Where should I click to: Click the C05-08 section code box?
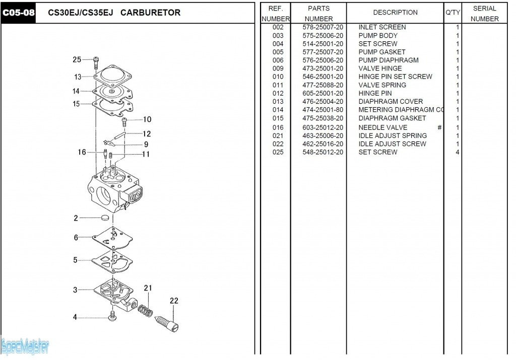coord(19,13)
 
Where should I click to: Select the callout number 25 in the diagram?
coord(77,59)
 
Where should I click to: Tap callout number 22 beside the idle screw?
coord(174,301)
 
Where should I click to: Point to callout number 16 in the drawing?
coord(82,152)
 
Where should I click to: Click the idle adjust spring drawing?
coord(146,310)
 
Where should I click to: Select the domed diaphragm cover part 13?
coord(114,77)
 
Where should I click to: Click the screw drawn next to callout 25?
coord(96,62)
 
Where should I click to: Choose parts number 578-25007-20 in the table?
coord(323,27)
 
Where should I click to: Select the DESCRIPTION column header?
coord(395,13)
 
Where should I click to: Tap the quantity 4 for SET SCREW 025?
coord(457,152)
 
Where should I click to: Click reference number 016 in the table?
coord(278,127)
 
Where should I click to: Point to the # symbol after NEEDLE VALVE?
coord(439,127)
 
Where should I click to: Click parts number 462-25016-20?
coord(323,144)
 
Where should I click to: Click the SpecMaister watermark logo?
coord(25,346)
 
